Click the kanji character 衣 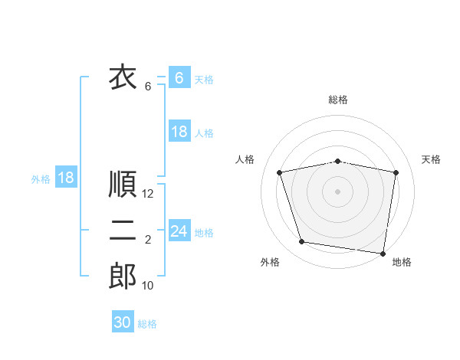(123, 77)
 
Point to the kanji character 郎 (123, 277)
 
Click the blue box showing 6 (179, 77)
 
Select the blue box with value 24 (179, 231)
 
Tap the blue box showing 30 (123, 322)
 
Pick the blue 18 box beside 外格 (66, 178)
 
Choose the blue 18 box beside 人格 (179, 132)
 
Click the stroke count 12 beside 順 (149, 195)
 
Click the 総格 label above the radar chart (338, 100)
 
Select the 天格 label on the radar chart (432, 159)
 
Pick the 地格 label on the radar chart (402, 263)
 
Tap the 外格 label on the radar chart (270, 263)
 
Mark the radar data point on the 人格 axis (280, 172)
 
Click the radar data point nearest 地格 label (383, 252)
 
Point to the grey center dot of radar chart (338, 191)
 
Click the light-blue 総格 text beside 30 (147, 324)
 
